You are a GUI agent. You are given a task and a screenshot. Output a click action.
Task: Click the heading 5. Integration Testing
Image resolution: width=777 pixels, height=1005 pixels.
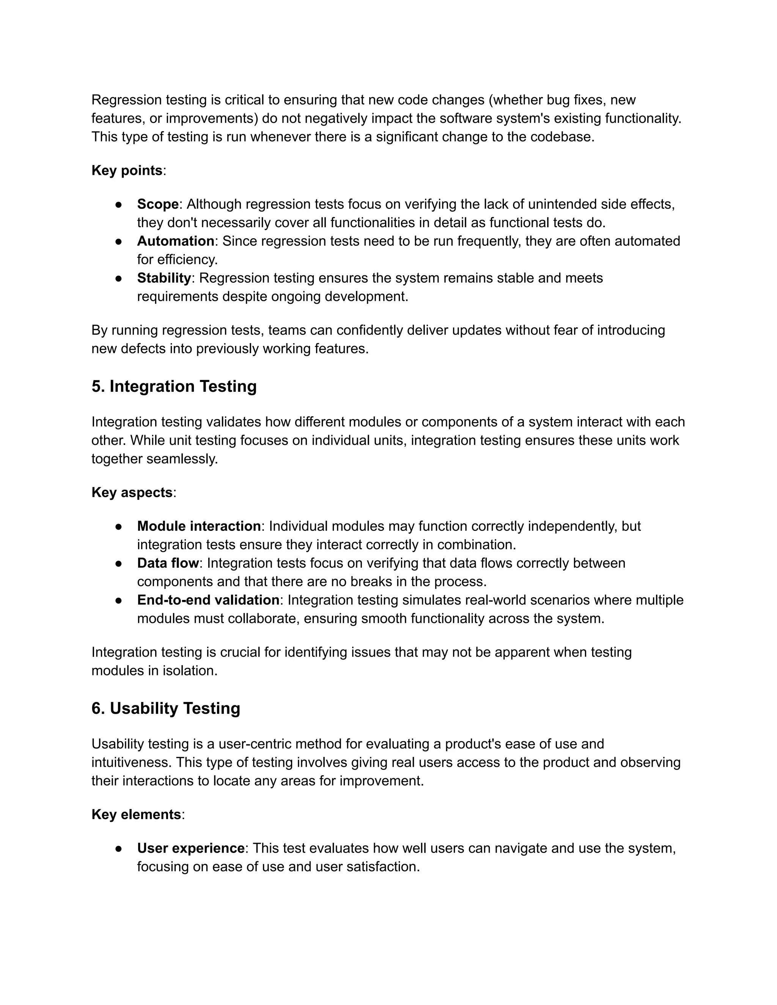coord(174,386)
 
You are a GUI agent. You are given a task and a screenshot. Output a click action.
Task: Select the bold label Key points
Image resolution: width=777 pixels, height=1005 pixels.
coord(127,171)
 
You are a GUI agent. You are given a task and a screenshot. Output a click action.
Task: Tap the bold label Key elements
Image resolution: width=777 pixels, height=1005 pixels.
coord(136,815)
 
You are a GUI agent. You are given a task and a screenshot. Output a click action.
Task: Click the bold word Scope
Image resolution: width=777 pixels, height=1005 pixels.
coord(157,204)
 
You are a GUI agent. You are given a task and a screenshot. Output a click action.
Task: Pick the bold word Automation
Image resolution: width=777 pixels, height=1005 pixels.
coord(175,241)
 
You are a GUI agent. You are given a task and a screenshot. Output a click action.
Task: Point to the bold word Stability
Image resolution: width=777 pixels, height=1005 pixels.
coord(164,278)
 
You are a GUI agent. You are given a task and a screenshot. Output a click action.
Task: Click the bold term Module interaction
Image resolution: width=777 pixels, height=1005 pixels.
coord(199,526)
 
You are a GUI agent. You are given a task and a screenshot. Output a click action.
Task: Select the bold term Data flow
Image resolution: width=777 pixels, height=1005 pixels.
coord(168,563)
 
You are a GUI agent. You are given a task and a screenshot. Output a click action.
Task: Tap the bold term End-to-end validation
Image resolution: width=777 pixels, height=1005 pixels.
coord(208,600)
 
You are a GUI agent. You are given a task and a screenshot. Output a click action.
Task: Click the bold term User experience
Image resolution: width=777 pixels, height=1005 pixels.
coord(190,848)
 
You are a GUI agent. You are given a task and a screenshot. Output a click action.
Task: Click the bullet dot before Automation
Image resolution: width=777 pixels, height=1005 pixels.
coord(119,242)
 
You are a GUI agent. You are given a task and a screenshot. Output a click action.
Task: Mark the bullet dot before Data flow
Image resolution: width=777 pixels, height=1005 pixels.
coord(119,564)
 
